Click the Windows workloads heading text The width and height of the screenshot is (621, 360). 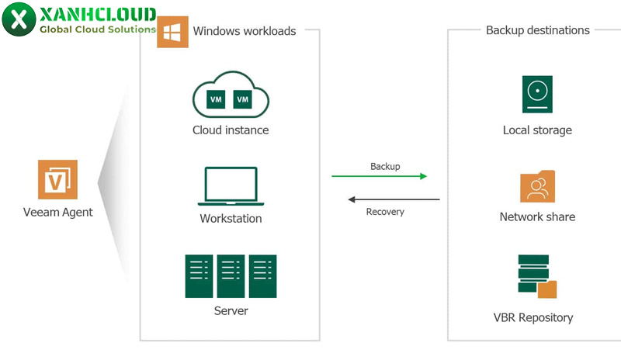(x=245, y=31)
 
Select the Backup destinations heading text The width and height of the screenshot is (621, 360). (x=537, y=30)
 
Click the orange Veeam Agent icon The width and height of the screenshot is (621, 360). (x=58, y=179)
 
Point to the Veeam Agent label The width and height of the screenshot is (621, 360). (x=58, y=213)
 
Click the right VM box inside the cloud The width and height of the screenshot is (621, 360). (x=243, y=99)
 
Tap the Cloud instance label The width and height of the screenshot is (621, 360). (x=231, y=130)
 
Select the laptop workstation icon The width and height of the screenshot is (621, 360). (x=231, y=186)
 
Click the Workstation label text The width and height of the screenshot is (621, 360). (x=231, y=219)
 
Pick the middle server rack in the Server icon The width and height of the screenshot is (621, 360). (x=231, y=276)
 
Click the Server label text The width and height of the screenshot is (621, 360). (x=231, y=311)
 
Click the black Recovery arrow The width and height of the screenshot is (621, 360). (x=393, y=199)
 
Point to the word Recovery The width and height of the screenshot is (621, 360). (x=385, y=212)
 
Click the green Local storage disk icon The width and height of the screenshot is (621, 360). (x=537, y=95)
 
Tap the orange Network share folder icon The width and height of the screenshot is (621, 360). (x=537, y=187)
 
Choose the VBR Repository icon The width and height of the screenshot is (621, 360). (x=536, y=276)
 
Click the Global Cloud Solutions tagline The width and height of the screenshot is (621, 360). (x=98, y=29)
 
